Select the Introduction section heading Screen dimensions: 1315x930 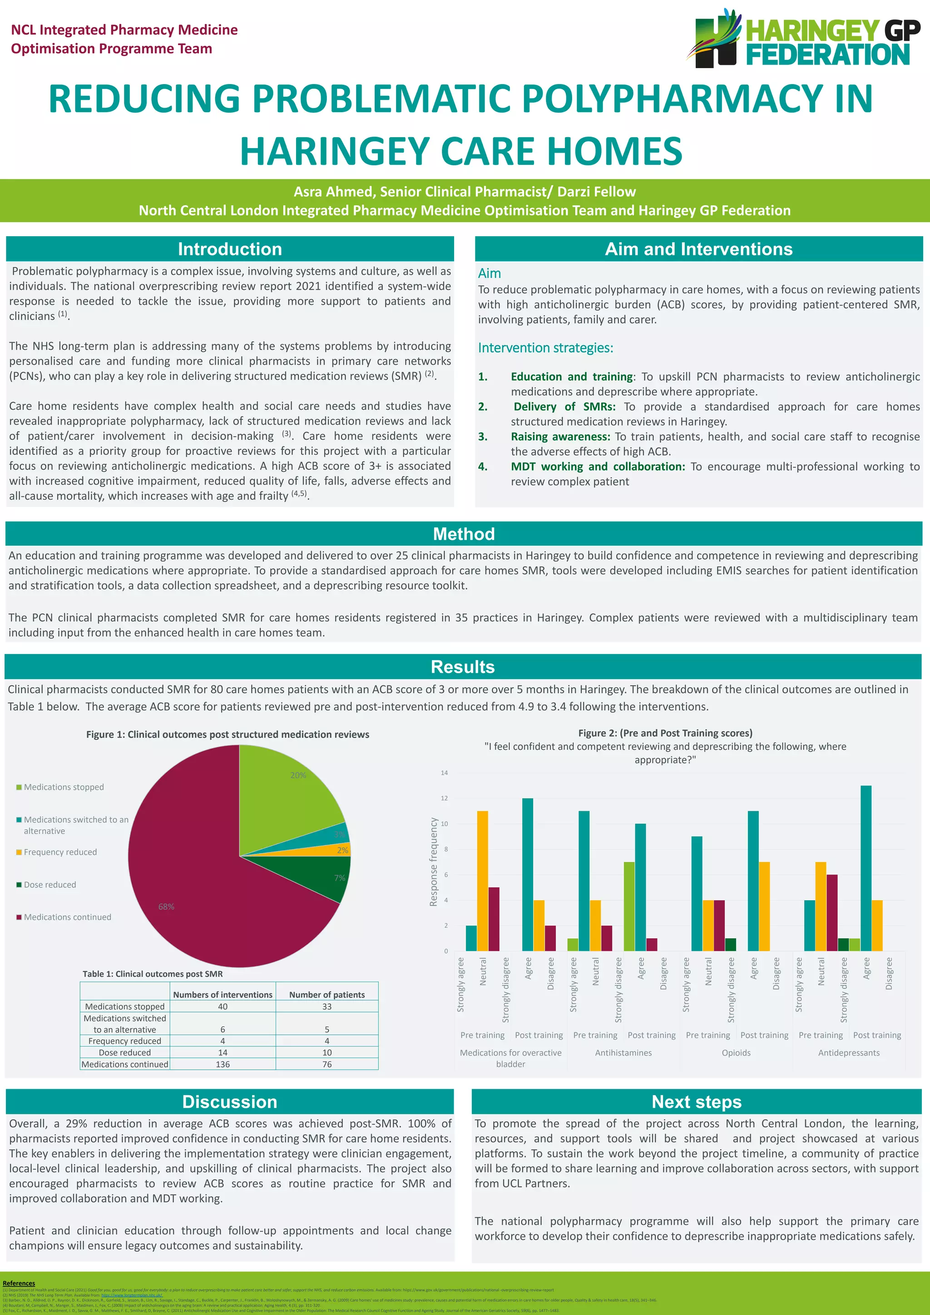click(230, 249)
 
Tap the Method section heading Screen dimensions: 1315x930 click(464, 534)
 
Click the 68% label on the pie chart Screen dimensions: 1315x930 click(166, 907)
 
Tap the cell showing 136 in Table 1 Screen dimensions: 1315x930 click(223, 1064)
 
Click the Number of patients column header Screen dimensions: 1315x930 click(326, 995)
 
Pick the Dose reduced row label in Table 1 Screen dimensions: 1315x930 click(125, 1053)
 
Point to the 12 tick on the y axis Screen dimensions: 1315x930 click(445, 799)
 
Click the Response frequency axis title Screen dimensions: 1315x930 click(434, 862)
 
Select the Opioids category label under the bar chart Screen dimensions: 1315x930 click(736, 1053)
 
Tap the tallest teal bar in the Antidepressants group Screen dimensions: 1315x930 click(866, 868)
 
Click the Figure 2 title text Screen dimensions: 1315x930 click(665, 733)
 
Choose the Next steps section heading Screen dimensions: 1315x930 click(696, 1102)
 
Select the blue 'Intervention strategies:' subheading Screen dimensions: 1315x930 click(545, 348)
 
